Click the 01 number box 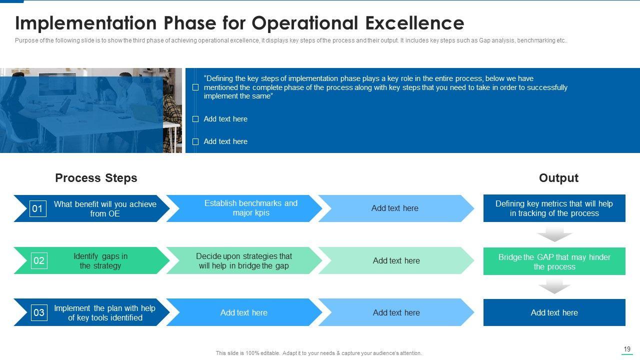(x=37, y=208)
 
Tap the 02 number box (x=39, y=260)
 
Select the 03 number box (x=39, y=312)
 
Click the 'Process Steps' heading (x=96, y=178)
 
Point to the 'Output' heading (x=558, y=178)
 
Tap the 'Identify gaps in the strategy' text (x=100, y=261)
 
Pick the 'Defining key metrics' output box (x=554, y=208)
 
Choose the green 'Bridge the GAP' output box (x=554, y=261)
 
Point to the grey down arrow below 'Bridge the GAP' (x=554, y=287)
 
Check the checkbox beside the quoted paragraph (x=195, y=87)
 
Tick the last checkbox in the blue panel (x=195, y=141)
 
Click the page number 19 (x=627, y=349)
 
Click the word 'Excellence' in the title (x=414, y=23)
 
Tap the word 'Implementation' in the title (x=85, y=23)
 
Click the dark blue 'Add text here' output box (x=554, y=312)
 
